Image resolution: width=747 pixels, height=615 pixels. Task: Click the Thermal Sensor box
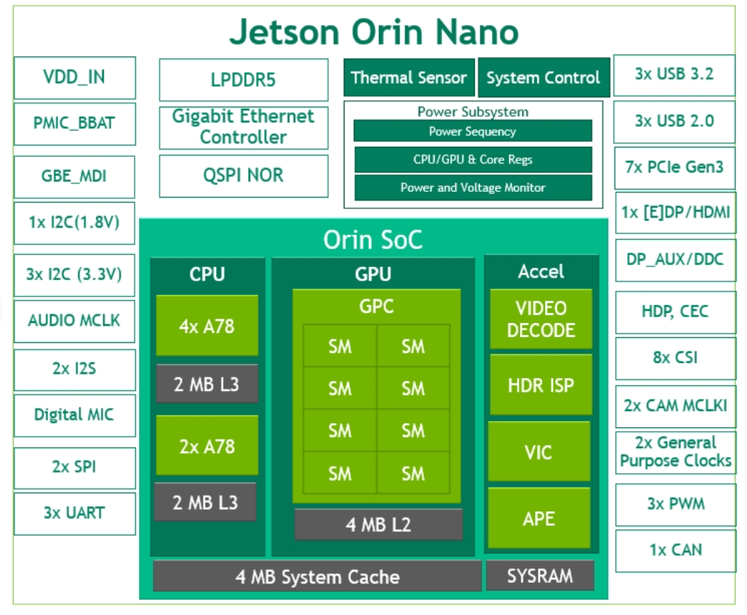point(409,77)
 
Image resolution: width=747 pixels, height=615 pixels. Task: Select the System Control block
point(543,77)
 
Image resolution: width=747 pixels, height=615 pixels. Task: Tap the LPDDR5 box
point(243,79)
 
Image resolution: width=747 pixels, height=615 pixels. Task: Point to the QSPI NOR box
point(243,175)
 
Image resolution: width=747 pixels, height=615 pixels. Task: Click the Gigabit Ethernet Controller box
point(243,127)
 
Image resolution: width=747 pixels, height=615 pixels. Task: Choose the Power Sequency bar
point(473,131)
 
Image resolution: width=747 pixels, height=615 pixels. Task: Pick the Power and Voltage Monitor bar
point(473,188)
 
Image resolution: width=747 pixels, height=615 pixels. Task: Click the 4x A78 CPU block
point(207,326)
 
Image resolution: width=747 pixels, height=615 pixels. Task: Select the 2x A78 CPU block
point(207,445)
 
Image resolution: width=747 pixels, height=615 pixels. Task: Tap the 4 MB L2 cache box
point(378,524)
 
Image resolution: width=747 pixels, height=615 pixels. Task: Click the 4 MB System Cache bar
point(317,576)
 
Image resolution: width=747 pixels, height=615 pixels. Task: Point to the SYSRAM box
point(540,576)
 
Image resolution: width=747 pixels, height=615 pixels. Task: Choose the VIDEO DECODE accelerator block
point(541,319)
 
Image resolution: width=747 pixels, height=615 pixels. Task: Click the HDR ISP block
point(541,385)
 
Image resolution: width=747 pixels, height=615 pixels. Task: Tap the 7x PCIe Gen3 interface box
point(675,168)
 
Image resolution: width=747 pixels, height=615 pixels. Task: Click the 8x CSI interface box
point(675,357)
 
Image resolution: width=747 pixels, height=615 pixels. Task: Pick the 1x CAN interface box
point(675,550)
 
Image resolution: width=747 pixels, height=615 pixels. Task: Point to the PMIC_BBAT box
point(74,122)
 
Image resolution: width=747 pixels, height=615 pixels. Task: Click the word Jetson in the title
point(284,32)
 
